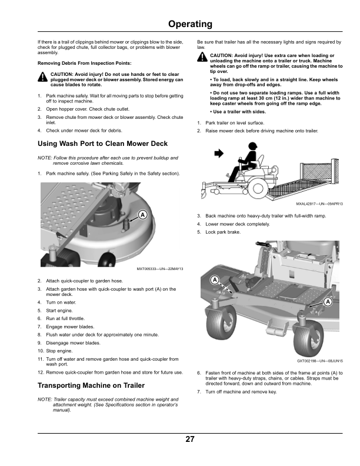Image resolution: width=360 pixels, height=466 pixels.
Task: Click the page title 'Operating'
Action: click(x=189, y=24)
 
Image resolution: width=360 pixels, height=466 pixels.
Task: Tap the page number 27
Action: click(x=189, y=440)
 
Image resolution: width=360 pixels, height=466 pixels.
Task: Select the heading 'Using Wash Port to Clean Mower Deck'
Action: click(x=102, y=144)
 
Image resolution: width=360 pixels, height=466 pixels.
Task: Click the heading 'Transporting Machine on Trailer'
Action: click(x=91, y=385)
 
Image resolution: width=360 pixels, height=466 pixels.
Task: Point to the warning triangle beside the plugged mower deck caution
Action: click(x=42, y=77)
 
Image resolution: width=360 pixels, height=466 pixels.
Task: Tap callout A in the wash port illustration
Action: click(x=142, y=215)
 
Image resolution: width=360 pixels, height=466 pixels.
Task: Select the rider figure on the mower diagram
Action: click(x=247, y=162)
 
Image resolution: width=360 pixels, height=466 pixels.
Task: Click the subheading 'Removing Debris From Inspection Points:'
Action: click(x=84, y=62)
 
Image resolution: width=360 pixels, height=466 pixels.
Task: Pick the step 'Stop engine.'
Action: click(x=59, y=351)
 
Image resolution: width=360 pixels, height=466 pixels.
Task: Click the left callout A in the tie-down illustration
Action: click(x=215, y=278)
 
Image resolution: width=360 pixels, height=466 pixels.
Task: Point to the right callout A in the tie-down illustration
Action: click(x=328, y=302)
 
